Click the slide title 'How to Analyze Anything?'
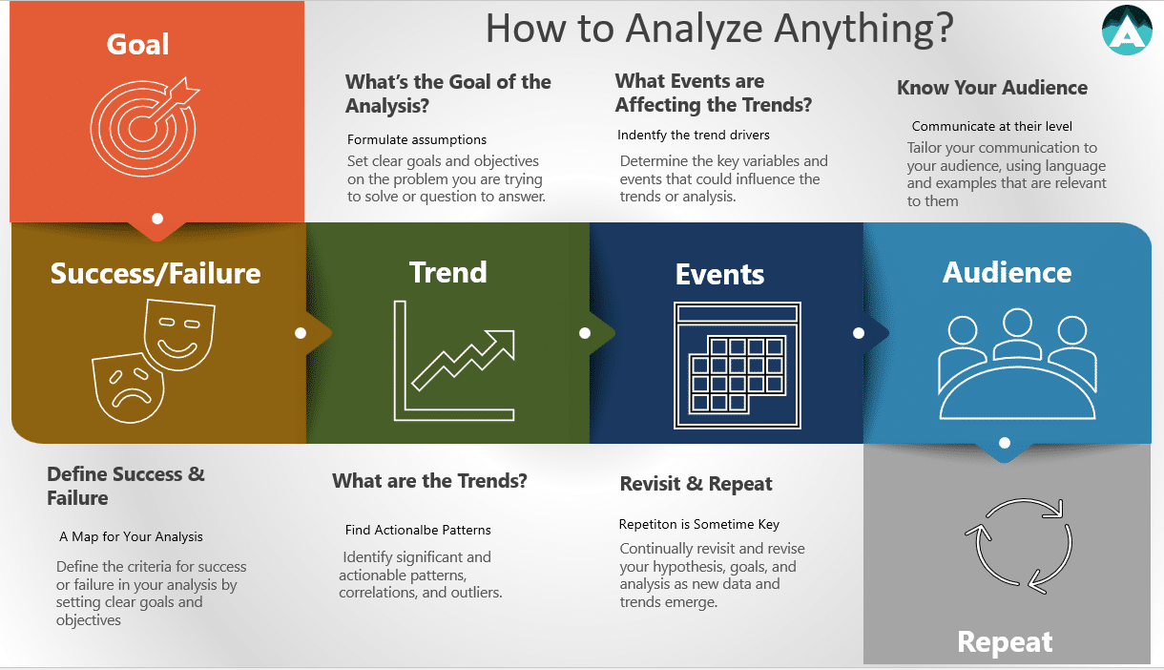click(719, 29)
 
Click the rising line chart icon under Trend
click(454, 361)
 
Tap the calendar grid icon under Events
click(738, 365)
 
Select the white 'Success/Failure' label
click(156, 274)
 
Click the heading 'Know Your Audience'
click(991, 88)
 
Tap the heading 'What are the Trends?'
click(429, 481)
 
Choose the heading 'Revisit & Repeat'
click(696, 484)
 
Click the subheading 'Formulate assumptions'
click(417, 140)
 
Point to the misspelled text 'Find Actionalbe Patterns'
click(418, 530)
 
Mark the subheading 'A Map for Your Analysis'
click(137, 537)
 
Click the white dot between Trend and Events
click(585, 333)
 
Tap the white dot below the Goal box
click(157, 219)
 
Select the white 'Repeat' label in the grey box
click(1005, 642)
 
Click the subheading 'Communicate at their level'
click(992, 126)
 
